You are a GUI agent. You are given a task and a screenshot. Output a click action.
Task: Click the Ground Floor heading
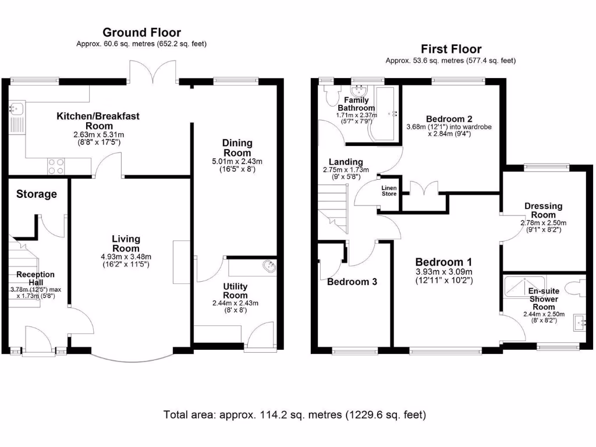141,33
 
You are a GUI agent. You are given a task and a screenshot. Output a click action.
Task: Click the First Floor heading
450,49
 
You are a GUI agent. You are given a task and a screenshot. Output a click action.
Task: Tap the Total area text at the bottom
295,415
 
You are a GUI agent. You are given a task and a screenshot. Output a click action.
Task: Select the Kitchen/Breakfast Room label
98,120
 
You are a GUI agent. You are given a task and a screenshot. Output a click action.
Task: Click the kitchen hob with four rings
55,166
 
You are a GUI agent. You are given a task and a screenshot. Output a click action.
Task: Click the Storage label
36,194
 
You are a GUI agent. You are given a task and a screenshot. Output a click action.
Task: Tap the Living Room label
126,243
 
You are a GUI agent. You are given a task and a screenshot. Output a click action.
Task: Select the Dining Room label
237,148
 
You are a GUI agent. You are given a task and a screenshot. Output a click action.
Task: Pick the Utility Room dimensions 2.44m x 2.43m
235,303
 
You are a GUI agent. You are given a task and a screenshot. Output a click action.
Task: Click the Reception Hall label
35,279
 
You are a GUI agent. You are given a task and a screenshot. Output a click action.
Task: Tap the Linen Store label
389,191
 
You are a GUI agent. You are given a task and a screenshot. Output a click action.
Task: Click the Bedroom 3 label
352,282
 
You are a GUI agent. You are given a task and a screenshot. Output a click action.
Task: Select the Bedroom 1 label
443,262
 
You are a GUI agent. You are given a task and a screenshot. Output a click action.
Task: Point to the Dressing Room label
543,210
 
